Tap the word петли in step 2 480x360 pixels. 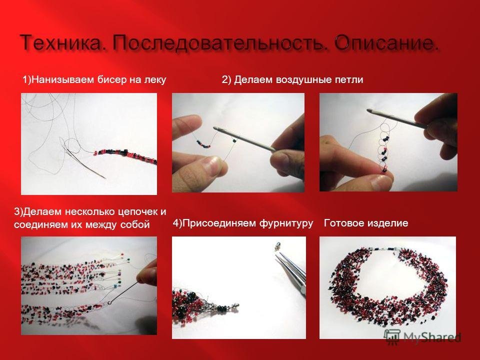[x=349, y=80]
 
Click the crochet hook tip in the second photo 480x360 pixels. [x=216, y=128]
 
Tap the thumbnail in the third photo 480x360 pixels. [x=379, y=182]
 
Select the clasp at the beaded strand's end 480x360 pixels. [x=234, y=305]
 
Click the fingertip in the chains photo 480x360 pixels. [x=144, y=274]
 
